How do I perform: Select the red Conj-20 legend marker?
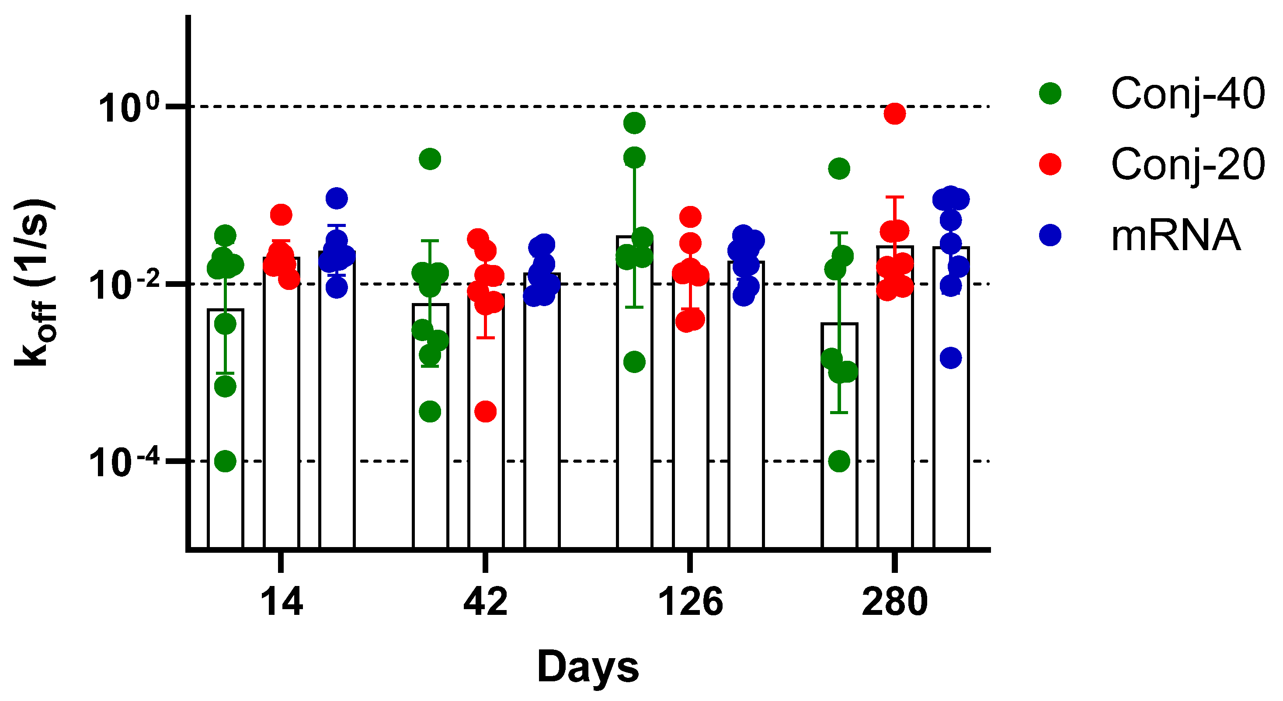(x=1050, y=164)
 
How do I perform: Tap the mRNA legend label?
(x=1175, y=235)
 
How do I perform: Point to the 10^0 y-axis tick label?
(x=129, y=108)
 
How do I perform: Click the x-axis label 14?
(x=282, y=602)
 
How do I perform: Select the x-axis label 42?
(x=485, y=602)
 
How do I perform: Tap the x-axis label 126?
(x=690, y=602)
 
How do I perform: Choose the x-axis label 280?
(x=894, y=602)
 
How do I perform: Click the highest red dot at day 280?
(x=894, y=114)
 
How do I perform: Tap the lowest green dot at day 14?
(x=225, y=461)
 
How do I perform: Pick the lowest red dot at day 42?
(x=486, y=412)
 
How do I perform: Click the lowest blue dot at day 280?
(x=950, y=358)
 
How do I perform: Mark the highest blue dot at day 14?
(x=337, y=198)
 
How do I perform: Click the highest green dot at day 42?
(x=430, y=159)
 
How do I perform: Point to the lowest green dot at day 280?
(x=839, y=461)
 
